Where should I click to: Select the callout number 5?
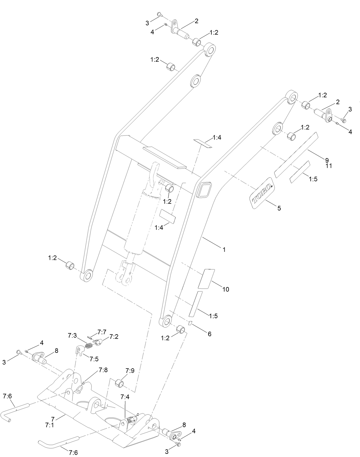pyautogui.click(x=279, y=208)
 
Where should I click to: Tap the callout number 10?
pyautogui.click(x=226, y=289)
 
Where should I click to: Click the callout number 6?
pyautogui.click(x=209, y=334)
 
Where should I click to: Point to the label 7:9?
pyautogui.click(x=130, y=371)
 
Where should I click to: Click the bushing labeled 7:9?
pyautogui.click(x=119, y=383)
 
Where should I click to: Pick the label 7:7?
pyautogui.click(x=102, y=332)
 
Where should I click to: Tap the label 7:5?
pyautogui.click(x=94, y=359)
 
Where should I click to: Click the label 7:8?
pyautogui.click(x=103, y=370)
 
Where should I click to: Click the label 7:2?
pyautogui.click(x=114, y=337)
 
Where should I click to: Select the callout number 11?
pyautogui.click(x=329, y=165)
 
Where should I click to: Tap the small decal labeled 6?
pyautogui.click(x=190, y=323)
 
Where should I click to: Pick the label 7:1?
pyautogui.click(x=50, y=425)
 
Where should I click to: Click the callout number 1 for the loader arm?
pyautogui.click(x=224, y=250)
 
